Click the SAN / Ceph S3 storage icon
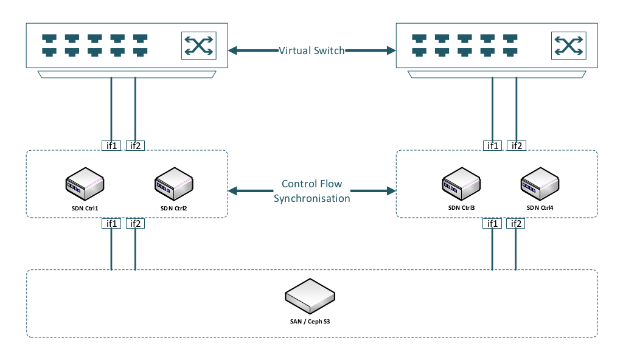[x=310, y=295]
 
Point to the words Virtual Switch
[x=311, y=50]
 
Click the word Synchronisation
[x=311, y=199]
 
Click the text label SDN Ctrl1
[x=85, y=208]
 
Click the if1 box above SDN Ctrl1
[x=111, y=145]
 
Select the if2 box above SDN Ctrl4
[x=517, y=145]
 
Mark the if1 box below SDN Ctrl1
[x=111, y=224]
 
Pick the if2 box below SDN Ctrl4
[x=517, y=224]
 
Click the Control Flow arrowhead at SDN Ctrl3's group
[x=390, y=191]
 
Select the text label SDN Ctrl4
[x=540, y=208]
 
